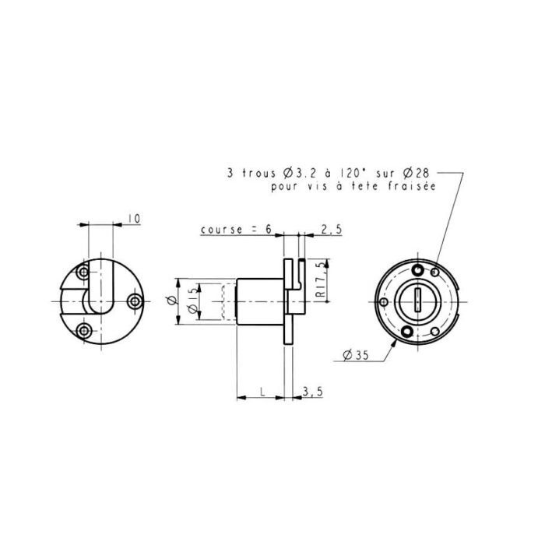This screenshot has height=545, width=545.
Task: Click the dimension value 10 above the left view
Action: (x=134, y=220)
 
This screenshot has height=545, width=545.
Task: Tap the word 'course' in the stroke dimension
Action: (x=218, y=230)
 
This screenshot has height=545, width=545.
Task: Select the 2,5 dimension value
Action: (x=331, y=230)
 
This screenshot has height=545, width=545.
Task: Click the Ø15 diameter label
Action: (x=192, y=302)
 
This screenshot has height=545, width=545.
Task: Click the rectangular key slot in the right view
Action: (x=418, y=300)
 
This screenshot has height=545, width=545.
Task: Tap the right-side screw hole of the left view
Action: (x=135, y=300)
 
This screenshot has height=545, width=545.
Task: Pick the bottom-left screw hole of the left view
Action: (x=84, y=331)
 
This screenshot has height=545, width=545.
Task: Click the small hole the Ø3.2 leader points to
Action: (x=434, y=271)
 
